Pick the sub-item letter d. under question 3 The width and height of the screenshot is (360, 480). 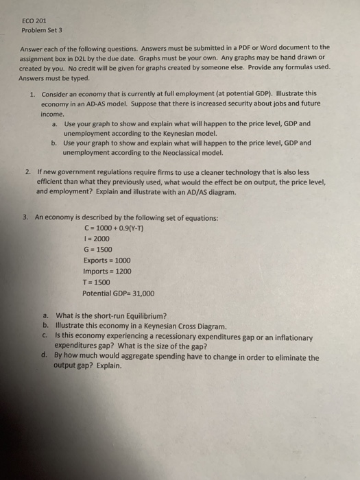[x=45, y=357]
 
